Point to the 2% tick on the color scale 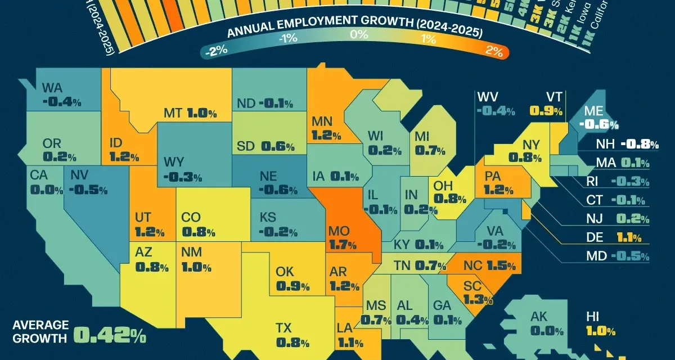coord(494,50)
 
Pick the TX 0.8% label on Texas coord(292,335)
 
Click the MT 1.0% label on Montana coord(190,113)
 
